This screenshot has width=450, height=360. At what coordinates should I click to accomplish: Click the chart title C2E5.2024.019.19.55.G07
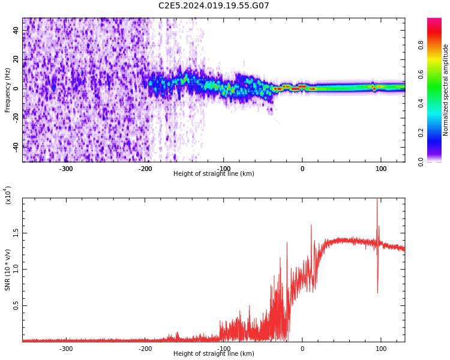click(x=214, y=6)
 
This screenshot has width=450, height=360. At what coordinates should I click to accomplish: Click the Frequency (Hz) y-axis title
click(x=8, y=90)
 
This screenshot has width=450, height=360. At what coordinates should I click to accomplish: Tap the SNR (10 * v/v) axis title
click(x=8, y=271)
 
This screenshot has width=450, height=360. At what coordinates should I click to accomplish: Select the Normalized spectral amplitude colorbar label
click(x=446, y=90)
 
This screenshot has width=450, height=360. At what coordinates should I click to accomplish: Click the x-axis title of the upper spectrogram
click(x=214, y=174)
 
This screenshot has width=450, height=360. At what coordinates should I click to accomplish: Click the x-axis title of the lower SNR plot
click(x=214, y=354)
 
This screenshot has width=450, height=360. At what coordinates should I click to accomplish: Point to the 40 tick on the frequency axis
click(x=16, y=31)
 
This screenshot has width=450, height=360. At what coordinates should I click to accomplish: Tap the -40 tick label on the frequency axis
click(x=16, y=146)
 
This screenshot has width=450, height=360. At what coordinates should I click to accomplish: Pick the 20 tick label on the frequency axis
click(x=16, y=59)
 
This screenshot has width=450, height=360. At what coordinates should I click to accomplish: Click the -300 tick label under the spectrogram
click(x=66, y=169)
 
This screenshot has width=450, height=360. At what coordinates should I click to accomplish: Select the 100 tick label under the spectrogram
click(x=381, y=169)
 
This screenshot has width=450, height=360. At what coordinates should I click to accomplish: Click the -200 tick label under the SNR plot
click(x=145, y=349)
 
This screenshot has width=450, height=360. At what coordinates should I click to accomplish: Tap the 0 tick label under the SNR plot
click(x=302, y=349)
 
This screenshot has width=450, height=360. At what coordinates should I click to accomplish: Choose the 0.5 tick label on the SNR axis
click(x=16, y=305)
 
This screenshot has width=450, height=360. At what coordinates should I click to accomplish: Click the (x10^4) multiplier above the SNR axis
click(x=8, y=194)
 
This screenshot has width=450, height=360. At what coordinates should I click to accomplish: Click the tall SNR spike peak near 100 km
click(x=377, y=200)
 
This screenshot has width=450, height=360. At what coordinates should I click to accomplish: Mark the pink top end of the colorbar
click(x=434, y=21)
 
